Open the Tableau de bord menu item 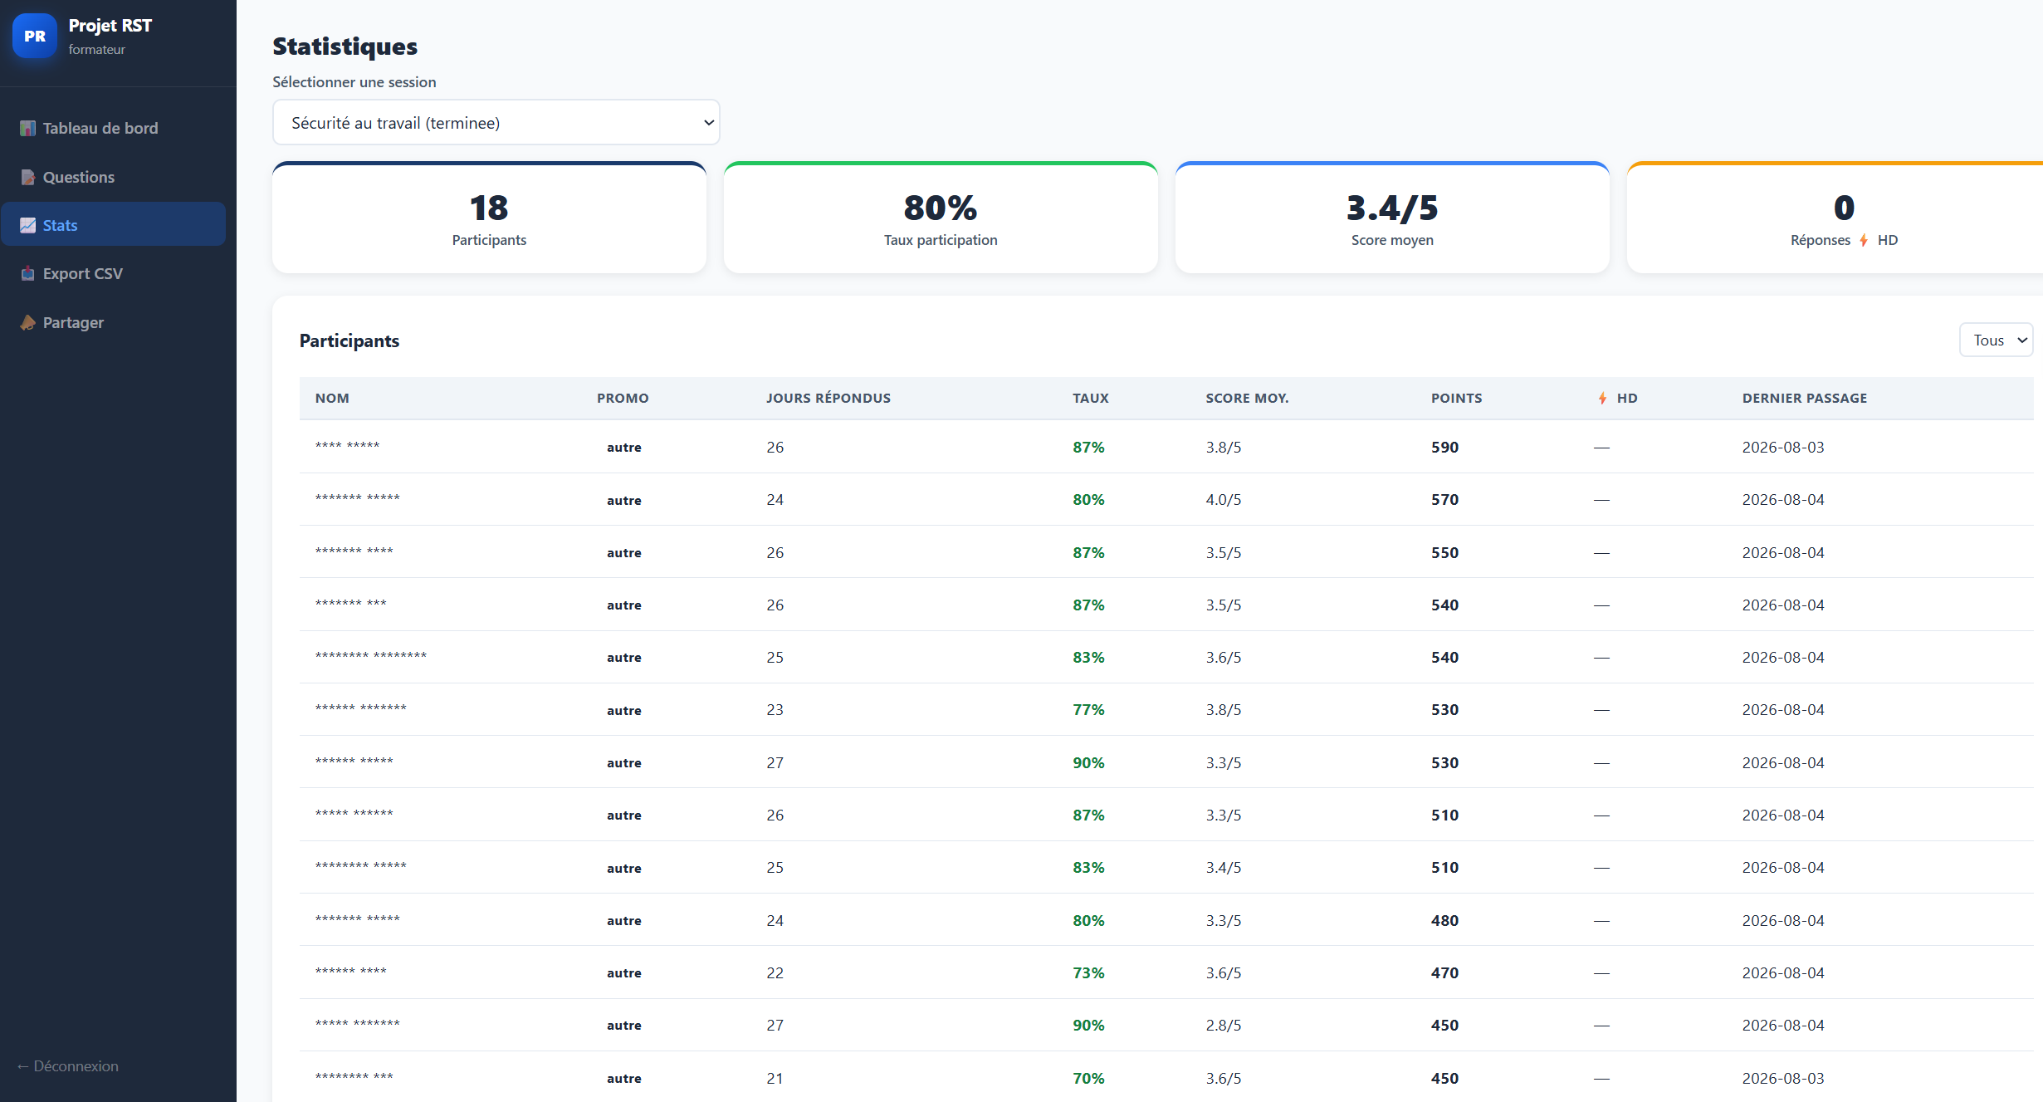point(89,128)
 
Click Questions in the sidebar point(67,177)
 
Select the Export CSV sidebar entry point(71,273)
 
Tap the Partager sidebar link point(62,322)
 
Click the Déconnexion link point(68,1065)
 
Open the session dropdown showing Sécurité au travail point(496,123)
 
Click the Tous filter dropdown point(1996,340)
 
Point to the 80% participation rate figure point(940,208)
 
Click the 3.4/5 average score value point(1391,208)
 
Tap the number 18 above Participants point(489,208)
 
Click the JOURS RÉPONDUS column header point(828,398)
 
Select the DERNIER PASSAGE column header point(1804,398)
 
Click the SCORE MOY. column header point(1247,398)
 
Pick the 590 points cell point(1444,447)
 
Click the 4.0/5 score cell point(1223,499)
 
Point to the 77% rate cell point(1088,709)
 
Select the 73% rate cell point(1088,972)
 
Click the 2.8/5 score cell point(1223,1025)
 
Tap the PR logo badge point(35,36)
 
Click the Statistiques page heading point(345,47)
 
